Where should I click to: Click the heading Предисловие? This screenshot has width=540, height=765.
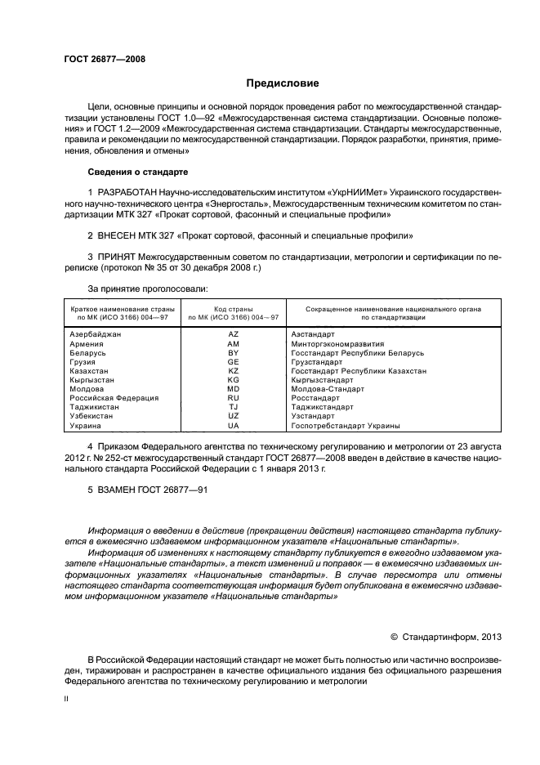(x=283, y=83)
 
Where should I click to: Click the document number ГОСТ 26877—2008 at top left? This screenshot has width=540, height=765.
(x=105, y=60)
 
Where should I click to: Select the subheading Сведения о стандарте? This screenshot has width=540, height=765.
(x=137, y=172)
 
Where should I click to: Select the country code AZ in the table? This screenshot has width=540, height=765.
(x=234, y=335)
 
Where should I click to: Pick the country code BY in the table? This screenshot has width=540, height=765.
(x=234, y=353)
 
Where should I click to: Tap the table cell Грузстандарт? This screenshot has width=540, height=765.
(x=316, y=362)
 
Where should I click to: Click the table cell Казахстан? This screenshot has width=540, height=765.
(x=89, y=371)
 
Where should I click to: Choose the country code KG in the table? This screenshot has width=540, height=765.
(x=234, y=380)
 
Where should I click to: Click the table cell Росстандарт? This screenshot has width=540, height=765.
(x=315, y=398)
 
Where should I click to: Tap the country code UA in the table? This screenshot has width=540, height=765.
(x=234, y=426)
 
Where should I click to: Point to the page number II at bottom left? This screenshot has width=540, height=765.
(x=67, y=700)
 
